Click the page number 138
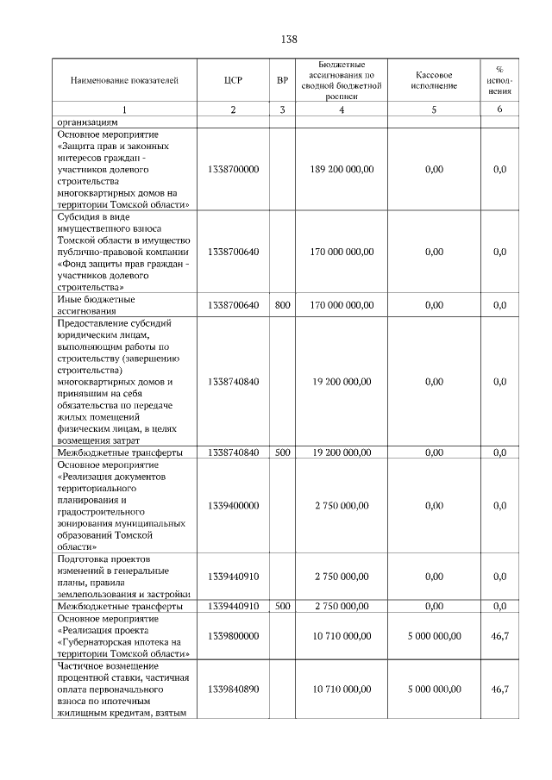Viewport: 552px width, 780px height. coord(290,40)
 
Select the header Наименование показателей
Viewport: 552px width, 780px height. coord(124,81)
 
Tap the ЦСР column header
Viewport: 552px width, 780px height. coord(233,81)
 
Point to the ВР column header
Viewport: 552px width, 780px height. coord(282,81)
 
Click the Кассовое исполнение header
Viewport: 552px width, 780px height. coord(434,81)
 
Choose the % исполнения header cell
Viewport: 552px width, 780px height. coord(499,81)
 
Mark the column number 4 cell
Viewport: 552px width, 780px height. coord(342,109)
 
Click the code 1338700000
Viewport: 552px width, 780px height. coord(233,170)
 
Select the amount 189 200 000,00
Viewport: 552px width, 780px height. coord(342,170)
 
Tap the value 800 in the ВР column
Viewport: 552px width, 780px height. coord(282,305)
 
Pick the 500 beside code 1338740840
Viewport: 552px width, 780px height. coord(282,452)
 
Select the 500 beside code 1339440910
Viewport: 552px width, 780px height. coord(282,607)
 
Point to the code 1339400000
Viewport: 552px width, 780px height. coord(233,506)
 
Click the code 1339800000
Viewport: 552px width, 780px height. coord(233,636)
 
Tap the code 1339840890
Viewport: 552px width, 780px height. coord(233,690)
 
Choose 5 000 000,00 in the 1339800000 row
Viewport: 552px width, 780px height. coord(434,636)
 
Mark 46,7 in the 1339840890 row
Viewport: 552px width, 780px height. coord(499,690)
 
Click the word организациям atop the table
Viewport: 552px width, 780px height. coord(89,122)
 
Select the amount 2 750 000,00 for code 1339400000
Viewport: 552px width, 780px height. coord(342,506)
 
